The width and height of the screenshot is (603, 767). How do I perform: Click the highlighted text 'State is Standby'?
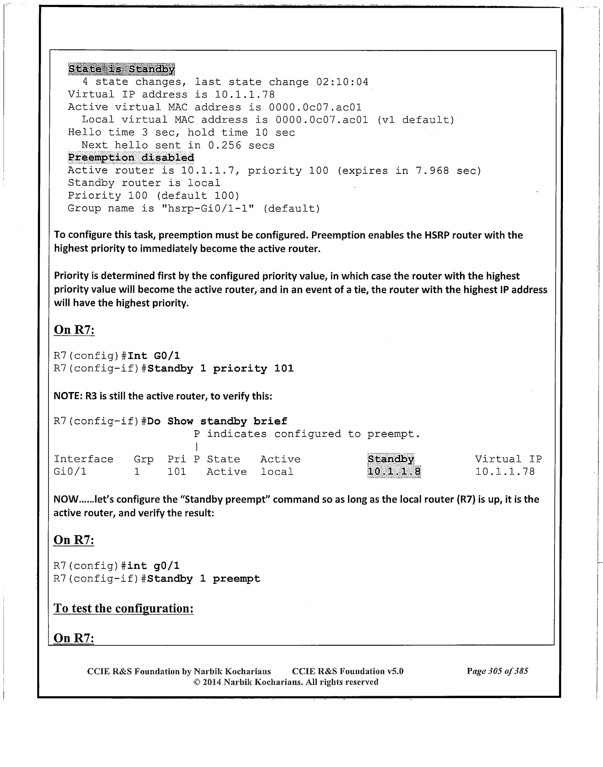(x=121, y=69)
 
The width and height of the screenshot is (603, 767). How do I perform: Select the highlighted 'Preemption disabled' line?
(x=131, y=157)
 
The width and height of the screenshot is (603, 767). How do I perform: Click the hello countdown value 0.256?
(x=224, y=145)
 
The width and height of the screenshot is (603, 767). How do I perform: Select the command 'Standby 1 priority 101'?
(x=220, y=369)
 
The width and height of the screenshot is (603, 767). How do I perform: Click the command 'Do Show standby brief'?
(x=217, y=421)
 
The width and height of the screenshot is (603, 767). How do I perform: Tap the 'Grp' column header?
(x=143, y=459)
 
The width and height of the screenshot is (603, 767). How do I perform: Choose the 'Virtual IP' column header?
(x=508, y=459)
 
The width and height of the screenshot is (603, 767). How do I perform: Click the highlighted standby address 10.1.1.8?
(x=394, y=472)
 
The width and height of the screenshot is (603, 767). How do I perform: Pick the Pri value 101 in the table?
(x=177, y=472)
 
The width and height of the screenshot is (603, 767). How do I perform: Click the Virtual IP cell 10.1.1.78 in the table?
(x=505, y=472)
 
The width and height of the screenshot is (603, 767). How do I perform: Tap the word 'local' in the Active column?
(x=277, y=472)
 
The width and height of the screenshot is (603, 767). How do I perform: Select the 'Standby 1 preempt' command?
(x=204, y=578)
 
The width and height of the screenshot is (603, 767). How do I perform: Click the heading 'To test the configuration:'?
(x=123, y=608)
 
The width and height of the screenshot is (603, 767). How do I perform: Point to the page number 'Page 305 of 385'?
(x=497, y=671)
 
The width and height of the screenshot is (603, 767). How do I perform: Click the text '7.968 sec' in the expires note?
(x=447, y=170)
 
